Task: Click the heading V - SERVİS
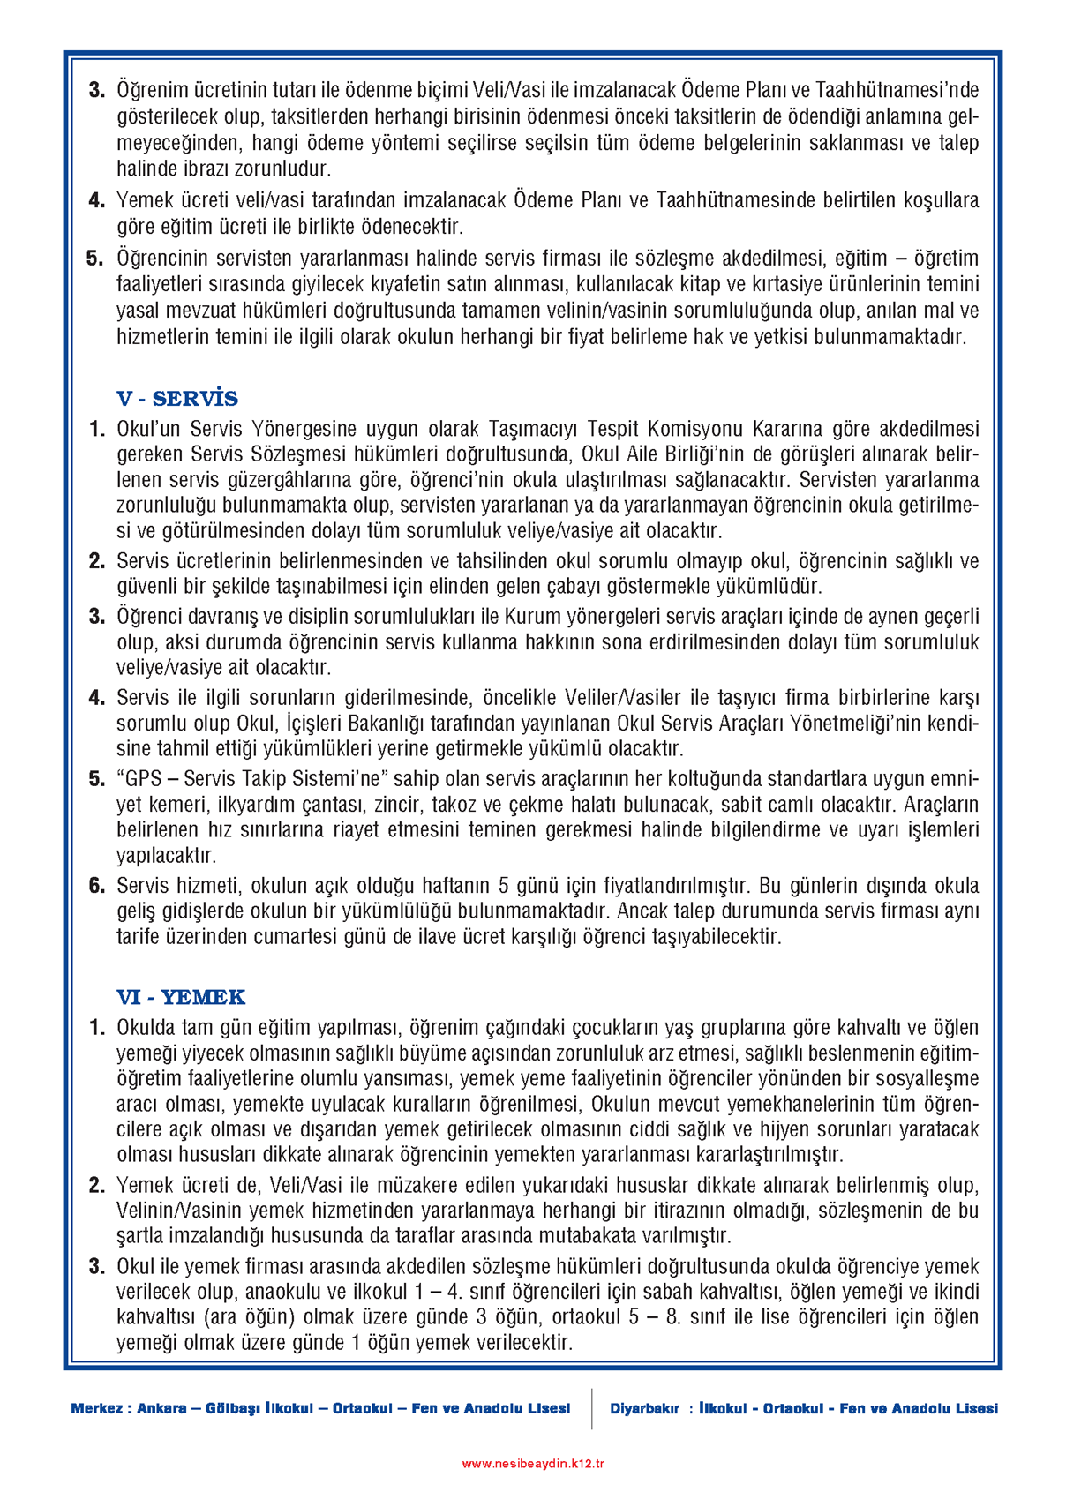(x=177, y=399)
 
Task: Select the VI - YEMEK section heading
(x=181, y=997)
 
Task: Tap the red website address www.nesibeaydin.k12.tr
(x=533, y=1463)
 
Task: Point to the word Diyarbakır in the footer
(x=645, y=1408)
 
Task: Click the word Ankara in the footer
(x=162, y=1408)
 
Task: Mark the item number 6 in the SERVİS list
(x=97, y=886)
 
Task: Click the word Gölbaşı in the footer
(x=234, y=1408)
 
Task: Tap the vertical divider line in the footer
(x=591, y=1408)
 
